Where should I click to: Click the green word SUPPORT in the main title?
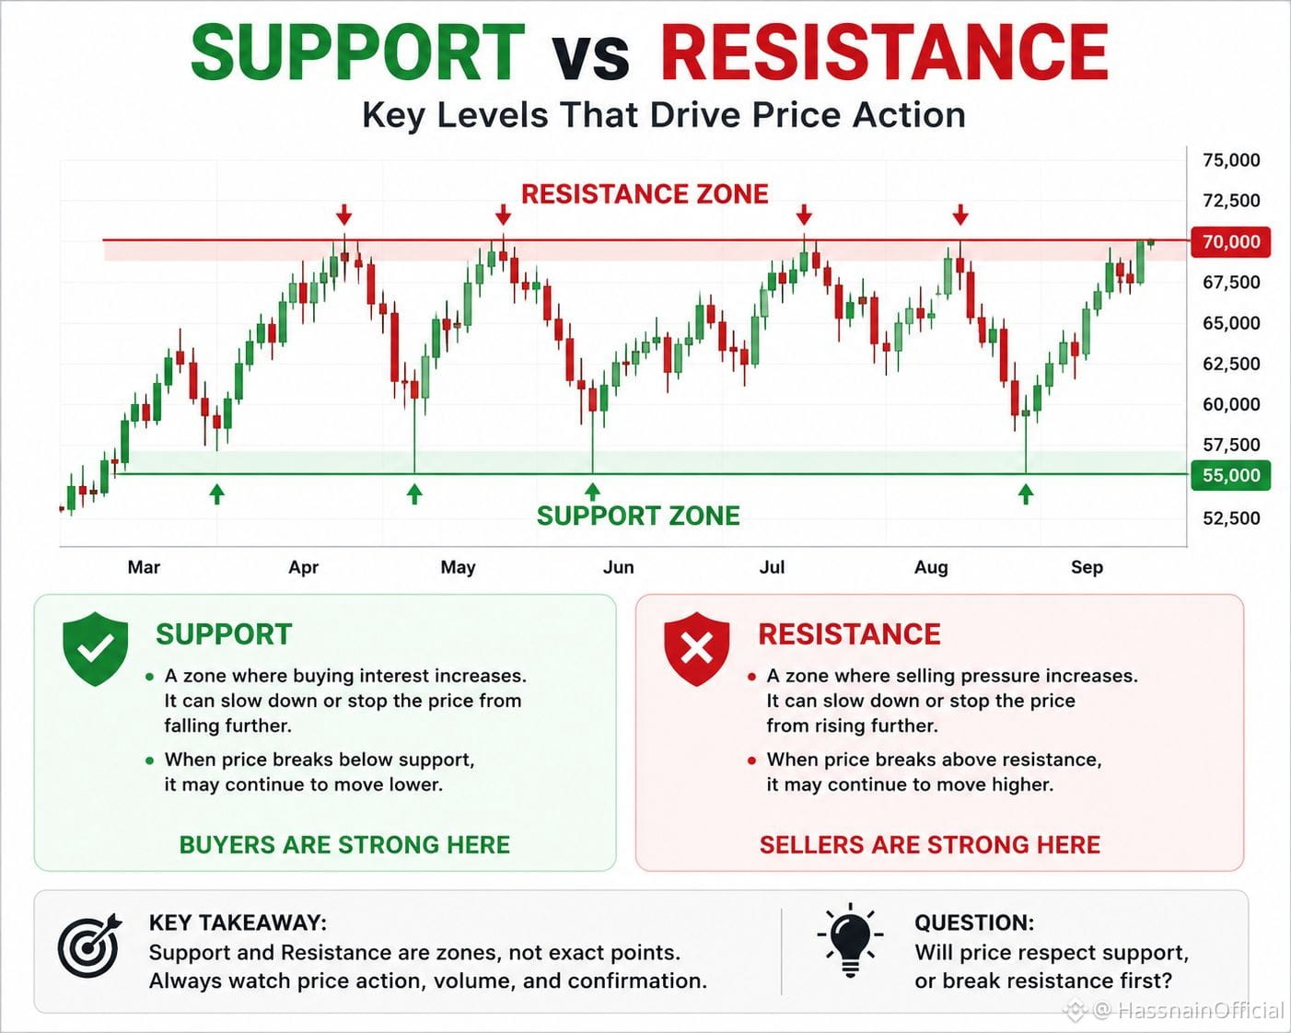pos(358,52)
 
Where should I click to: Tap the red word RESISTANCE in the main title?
pos(885,52)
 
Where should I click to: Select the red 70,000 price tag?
pos(1230,242)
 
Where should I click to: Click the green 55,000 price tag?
pos(1230,475)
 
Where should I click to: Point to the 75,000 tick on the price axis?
pos(1231,160)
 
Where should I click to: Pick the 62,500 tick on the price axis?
pos(1231,364)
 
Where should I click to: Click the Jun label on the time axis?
pos(618,567)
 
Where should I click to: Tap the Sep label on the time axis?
pos(1087,567)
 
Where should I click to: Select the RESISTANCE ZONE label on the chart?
pos(645,194)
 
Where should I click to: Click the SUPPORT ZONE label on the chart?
pos(638,516)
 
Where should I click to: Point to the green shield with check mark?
pos(96,648)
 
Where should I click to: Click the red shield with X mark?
pos(696,648)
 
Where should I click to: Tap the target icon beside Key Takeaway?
pos(89,946)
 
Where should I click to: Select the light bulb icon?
pos(850,940)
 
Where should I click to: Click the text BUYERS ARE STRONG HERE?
pos(344,844)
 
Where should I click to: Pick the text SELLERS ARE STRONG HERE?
pos(930,844)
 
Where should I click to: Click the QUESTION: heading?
pos(974,923)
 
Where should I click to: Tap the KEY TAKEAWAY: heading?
pos(238,923)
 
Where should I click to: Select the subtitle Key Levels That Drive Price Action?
pos(664,114)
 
